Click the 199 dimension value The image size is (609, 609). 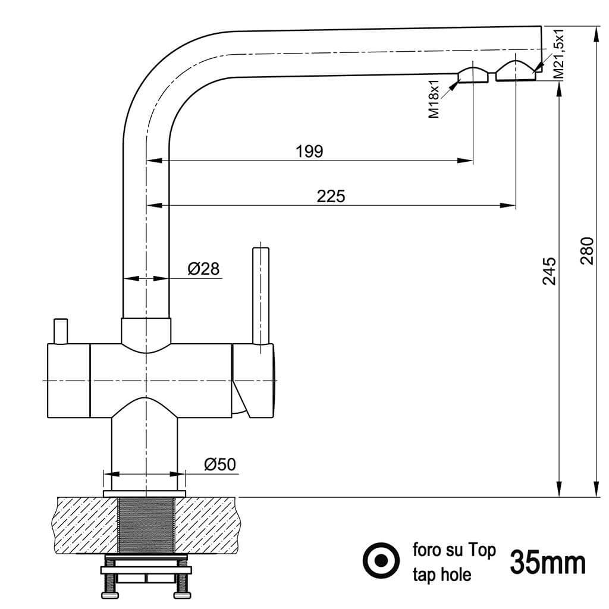pos(309,151)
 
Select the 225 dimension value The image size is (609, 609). pos(331,196)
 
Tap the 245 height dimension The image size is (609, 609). pos(550,271)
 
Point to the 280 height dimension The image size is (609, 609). pos(587,251)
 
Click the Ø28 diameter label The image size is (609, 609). pos(203,268)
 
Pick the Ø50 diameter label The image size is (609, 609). pos(220,464)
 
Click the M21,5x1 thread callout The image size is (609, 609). pos(558,54)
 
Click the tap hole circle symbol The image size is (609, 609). pos(381,560)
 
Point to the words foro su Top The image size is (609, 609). pos(454,550)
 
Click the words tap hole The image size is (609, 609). pos(442,575)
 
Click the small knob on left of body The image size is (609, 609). pos(61,331)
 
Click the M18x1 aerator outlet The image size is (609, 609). pos(473,75)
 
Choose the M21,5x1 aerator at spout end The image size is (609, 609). pos(516,71)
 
